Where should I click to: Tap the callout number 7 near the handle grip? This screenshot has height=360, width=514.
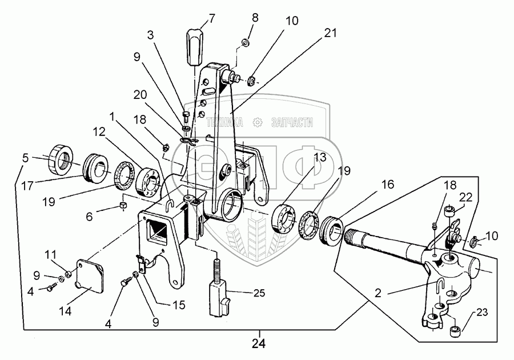coord(212,17)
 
